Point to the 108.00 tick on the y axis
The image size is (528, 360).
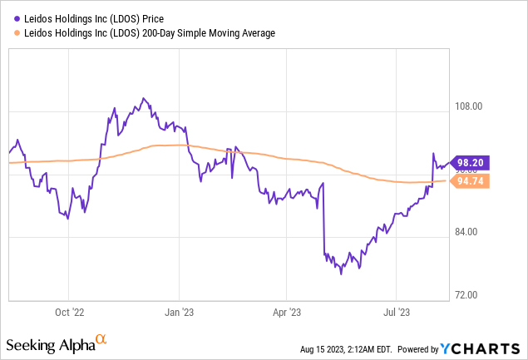coord(471,106)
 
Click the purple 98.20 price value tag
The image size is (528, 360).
coord(470,163)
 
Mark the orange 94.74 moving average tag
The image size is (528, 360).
coord(470,180)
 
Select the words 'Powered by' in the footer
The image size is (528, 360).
coord(424,348)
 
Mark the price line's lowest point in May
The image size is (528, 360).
coord(341,274)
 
